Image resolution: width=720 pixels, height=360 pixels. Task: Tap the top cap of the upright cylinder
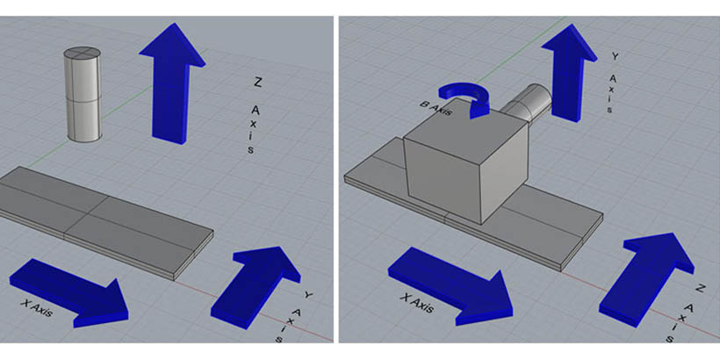point(83,54)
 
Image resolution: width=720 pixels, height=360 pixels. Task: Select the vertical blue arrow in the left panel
point(172,83)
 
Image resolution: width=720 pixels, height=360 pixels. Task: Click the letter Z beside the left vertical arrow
point(257,83)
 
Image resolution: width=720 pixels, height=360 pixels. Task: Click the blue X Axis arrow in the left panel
point(68,292)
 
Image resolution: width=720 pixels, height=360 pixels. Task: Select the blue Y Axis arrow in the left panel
point(256,287)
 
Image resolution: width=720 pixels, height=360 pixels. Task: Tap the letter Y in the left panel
point(308,295)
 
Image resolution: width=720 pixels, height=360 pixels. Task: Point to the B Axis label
point(436,108)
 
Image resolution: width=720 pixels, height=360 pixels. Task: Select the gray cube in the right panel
point(466,162)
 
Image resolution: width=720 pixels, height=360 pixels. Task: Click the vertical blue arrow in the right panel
point(569,73)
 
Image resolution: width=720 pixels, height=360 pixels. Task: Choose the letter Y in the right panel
point(616,56)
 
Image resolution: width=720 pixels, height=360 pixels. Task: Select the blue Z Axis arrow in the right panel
point(646,279)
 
